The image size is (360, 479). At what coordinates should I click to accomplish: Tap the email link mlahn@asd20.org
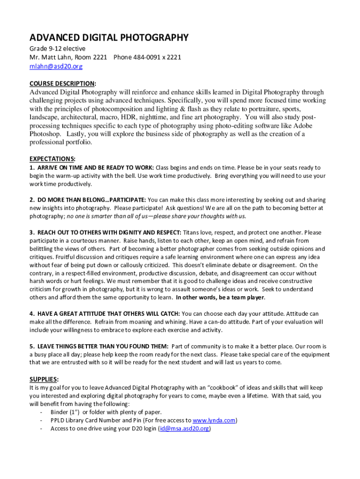(56, 66)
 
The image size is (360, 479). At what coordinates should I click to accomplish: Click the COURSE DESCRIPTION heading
(62, 83)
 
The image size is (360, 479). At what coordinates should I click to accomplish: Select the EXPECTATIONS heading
(52, 159)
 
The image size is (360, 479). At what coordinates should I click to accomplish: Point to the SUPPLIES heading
(43, 379)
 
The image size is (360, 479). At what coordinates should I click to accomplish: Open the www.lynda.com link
(214, 421)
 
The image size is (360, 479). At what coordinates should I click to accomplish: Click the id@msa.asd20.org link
(184, 428)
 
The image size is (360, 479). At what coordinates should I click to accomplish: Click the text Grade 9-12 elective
(58, 49)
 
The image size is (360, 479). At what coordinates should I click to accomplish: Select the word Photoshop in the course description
(45, 134)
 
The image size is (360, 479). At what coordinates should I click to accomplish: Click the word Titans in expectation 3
(192, 232)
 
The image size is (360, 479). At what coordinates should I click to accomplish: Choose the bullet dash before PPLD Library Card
(43, 421)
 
